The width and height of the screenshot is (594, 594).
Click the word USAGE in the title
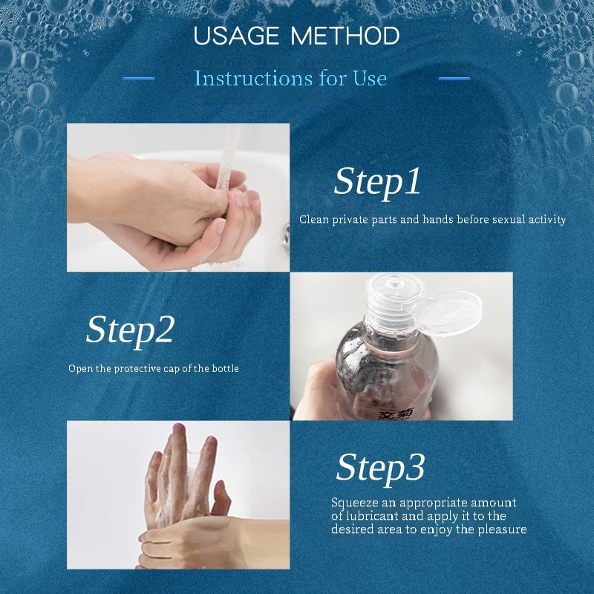point(236,36)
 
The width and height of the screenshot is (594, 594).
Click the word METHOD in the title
point(345,36)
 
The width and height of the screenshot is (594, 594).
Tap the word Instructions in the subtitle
point(253,79)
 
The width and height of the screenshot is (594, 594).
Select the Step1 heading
point(377,183)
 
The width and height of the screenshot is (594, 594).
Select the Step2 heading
point(131,330)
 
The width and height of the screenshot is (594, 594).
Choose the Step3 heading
point(380,469)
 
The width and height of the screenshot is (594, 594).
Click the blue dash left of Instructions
point(139,79)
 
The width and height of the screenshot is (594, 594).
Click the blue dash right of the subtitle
point(454,79)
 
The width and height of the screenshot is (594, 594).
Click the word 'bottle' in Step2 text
point(226,368)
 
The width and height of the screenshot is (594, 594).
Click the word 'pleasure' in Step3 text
point(503,529)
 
